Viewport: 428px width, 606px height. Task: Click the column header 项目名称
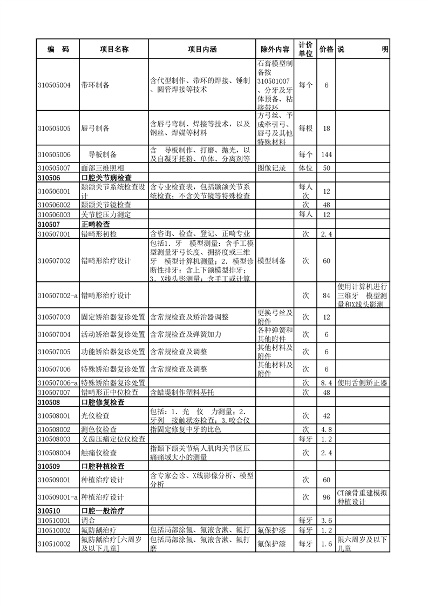114,49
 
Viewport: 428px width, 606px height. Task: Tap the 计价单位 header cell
305,49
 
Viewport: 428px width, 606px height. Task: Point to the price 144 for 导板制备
326,154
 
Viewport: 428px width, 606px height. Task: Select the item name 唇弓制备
95,129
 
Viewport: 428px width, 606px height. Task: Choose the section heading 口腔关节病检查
106,177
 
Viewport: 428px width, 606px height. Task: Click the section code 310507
49,224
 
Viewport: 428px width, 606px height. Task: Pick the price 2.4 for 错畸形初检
326,233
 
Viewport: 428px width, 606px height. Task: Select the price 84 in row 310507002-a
326,295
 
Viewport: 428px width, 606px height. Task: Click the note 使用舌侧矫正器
362,383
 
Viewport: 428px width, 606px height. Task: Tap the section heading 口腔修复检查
103,402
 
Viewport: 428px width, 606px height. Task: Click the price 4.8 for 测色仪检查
326,429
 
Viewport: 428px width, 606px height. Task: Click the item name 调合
88,520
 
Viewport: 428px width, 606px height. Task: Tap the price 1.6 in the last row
326,544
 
